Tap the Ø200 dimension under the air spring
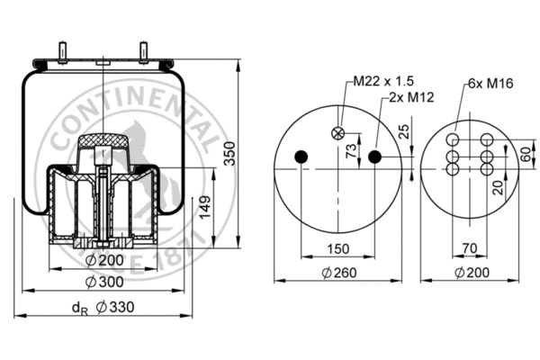[111, 260]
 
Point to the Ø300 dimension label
[111, 283]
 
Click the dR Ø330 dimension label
[102, 307]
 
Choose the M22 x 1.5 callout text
[377, 81]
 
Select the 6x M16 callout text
[488, 83]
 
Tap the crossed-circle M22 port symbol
[339, 133]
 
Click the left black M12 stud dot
[301, 157]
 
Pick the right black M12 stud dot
[375, 157]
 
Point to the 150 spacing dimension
[337, 247]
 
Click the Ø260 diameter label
[337, 274]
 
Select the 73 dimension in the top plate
[351, 149]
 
